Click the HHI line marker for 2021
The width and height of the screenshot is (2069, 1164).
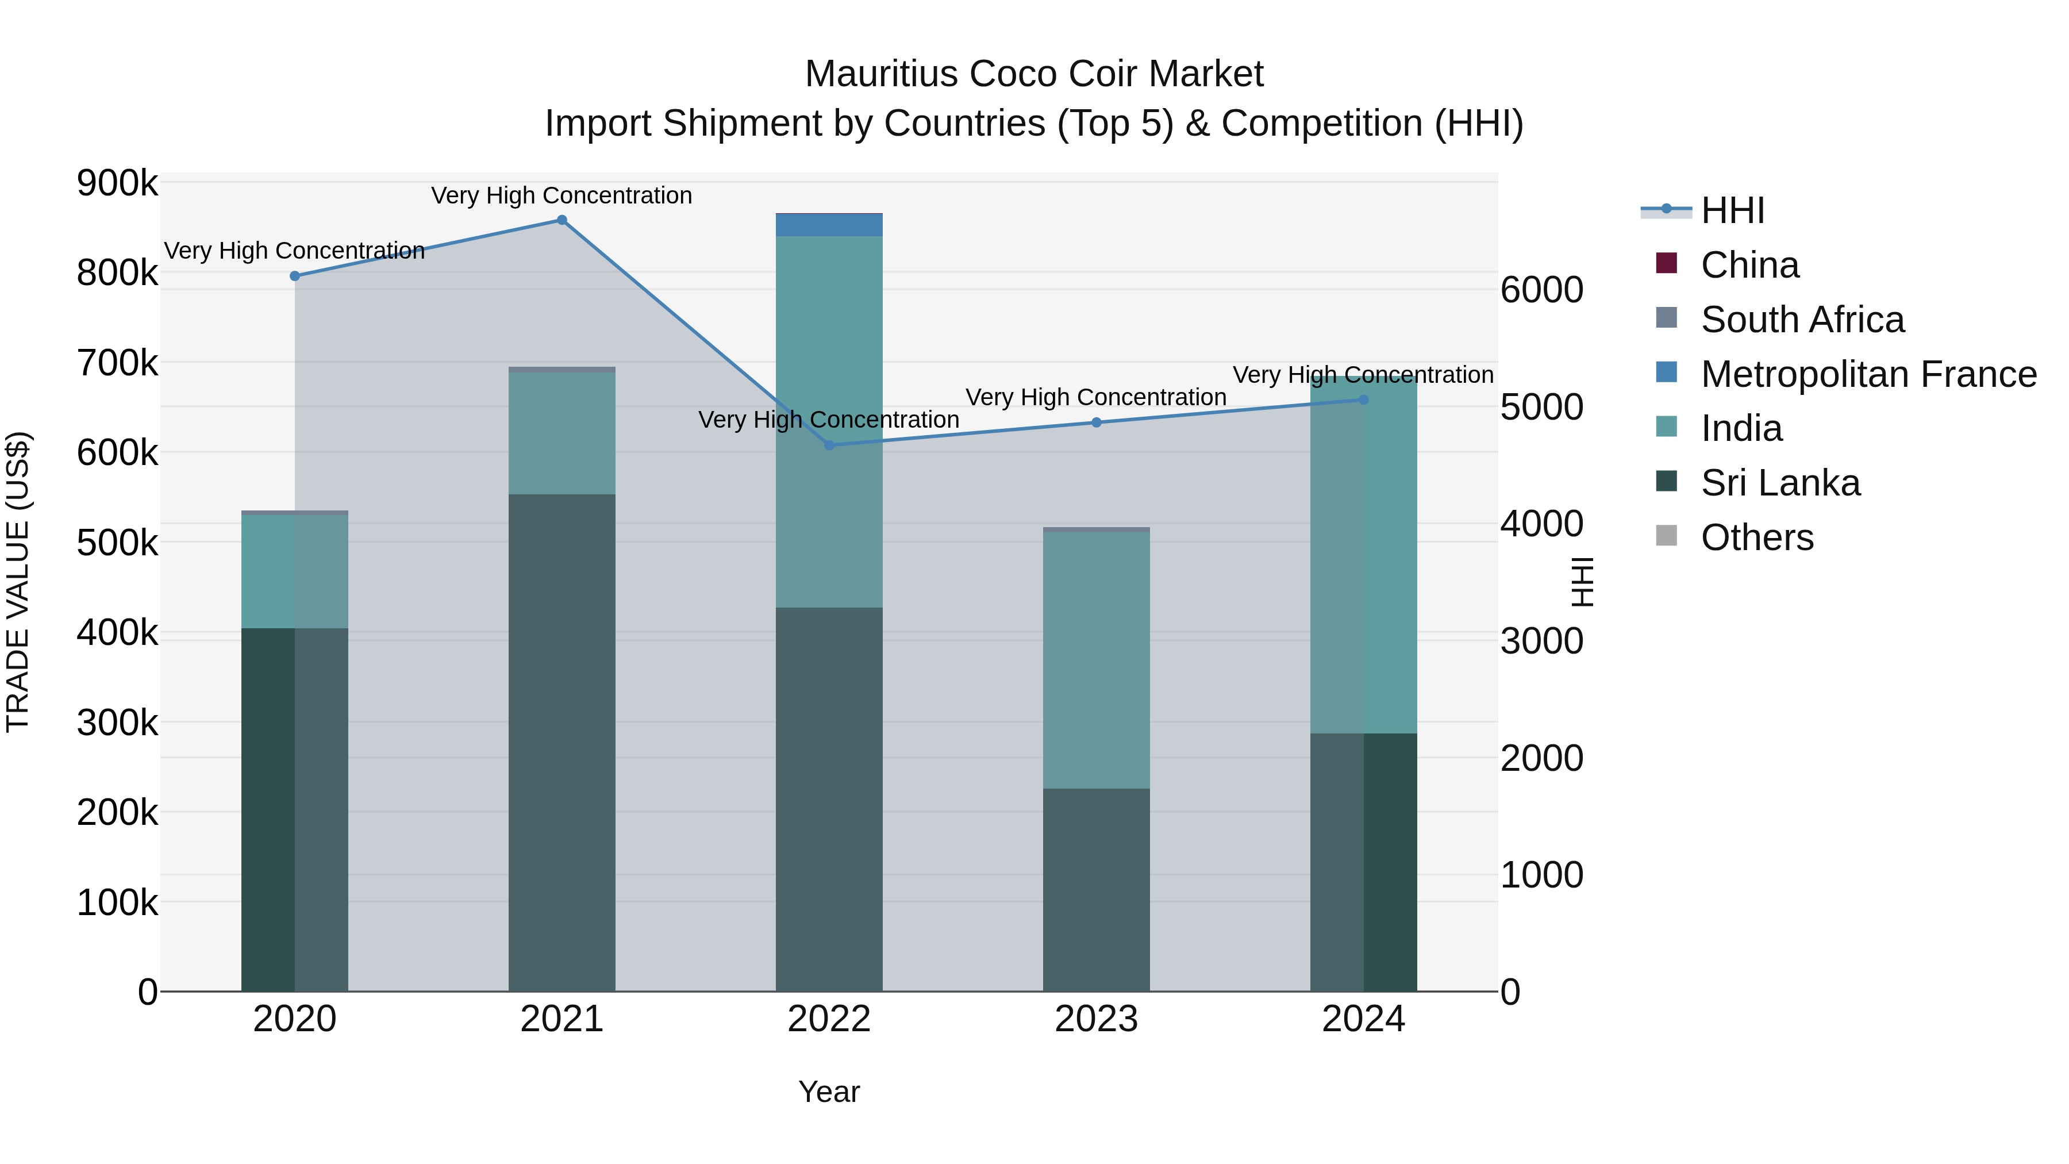pos(562,220)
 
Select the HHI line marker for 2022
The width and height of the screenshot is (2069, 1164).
pos(829,445)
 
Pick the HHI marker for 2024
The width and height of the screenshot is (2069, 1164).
pos(1363,399)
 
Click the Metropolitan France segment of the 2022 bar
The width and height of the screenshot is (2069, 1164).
pos(829,225)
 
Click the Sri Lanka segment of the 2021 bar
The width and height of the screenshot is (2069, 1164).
pos(562,739)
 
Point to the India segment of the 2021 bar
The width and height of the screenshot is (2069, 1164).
pos(562,434)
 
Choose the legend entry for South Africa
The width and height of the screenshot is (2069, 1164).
pos(1802,320)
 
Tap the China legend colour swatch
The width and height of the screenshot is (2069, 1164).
pos(1667,263)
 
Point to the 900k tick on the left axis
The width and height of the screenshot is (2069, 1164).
pos(117,184)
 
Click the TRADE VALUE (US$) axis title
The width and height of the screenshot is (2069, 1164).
pos(18,582)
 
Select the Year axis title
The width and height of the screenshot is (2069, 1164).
pos(829,1092)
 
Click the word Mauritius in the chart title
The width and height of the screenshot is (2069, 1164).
pos(881,74)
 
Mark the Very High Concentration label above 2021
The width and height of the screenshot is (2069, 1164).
pos(562,195)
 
